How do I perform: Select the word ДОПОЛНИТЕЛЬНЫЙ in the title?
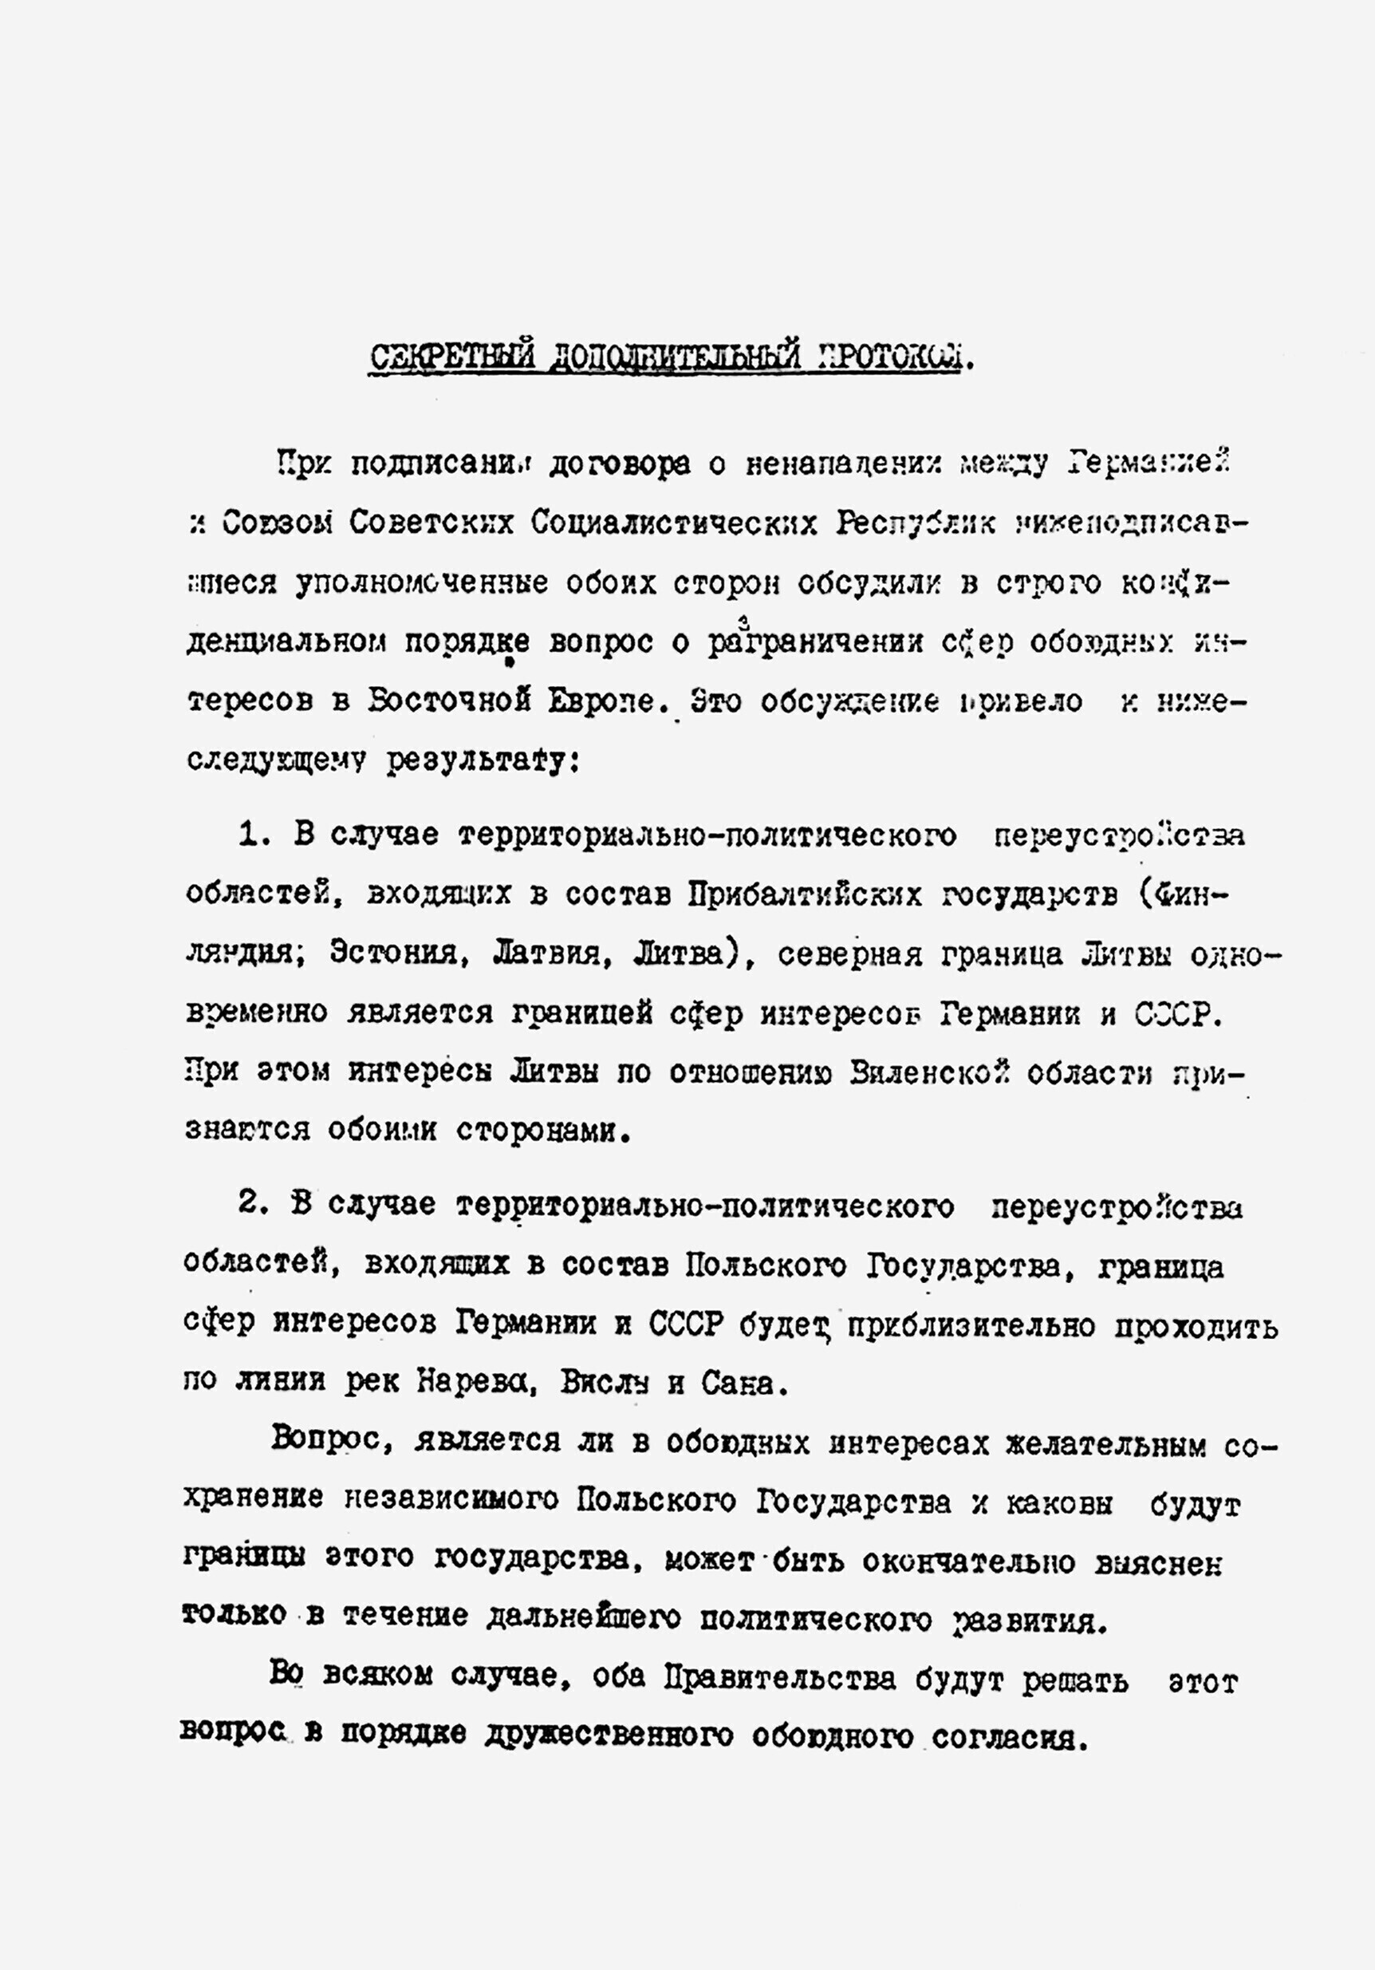(x=674, y=357)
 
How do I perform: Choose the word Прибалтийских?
(x=805, y=895)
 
